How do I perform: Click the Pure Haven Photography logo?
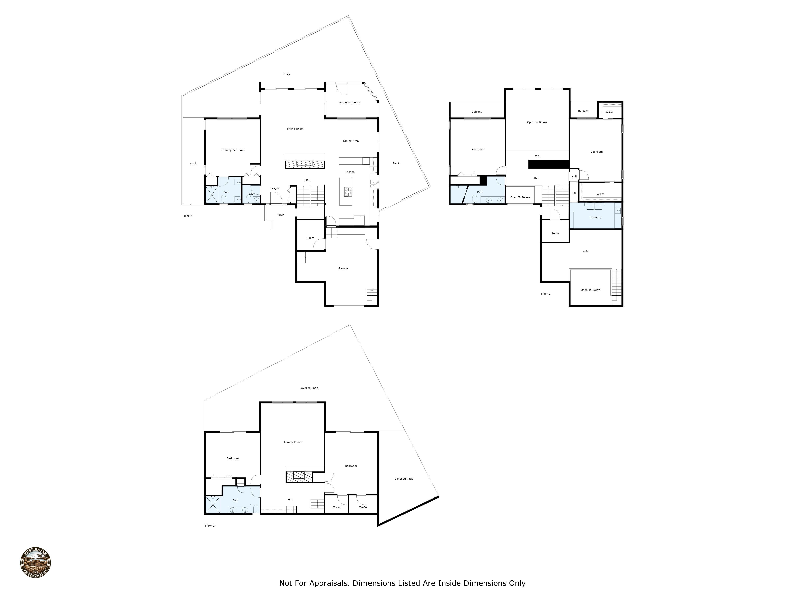pos(35,563)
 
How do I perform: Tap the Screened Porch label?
pos(349,103)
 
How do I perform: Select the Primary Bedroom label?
pos(232,150)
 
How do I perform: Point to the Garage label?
pos(343,268)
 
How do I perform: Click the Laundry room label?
pos(595,218)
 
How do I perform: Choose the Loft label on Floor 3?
pos(585,252)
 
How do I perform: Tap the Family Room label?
pos(293,442)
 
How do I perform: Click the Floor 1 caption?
pos(210,526)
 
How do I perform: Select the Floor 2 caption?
pos(187,216)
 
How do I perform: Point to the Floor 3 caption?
pos(546,294)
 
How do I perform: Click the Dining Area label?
pos(350,141)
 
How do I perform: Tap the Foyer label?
pos(275,189)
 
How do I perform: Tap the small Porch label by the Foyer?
pos(280,215)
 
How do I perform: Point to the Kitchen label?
pos(349,172)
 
